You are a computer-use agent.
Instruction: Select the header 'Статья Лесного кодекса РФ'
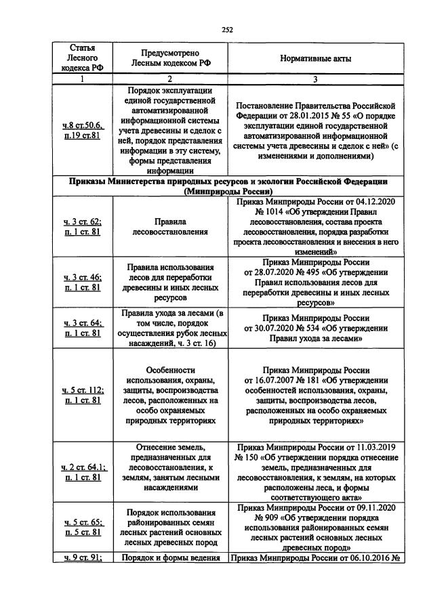pos(81,58)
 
